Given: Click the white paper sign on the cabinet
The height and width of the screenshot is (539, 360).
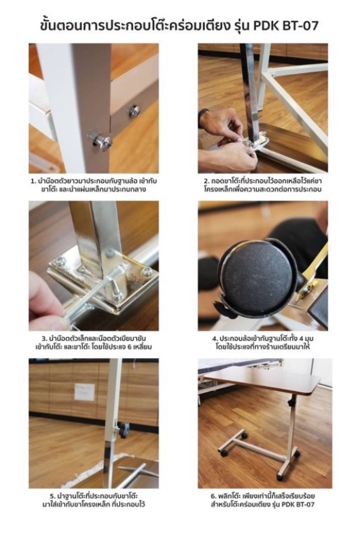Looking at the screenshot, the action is coord(85,392).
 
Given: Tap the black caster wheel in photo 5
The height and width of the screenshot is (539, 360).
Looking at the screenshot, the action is coord(124,430).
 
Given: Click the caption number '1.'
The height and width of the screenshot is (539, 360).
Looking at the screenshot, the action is coord(33,181).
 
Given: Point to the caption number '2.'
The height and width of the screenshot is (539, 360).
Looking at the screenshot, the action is coord(206,181).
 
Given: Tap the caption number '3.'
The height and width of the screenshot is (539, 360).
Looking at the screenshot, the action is coord(44,339).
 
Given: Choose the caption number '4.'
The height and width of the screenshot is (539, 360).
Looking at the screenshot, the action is coord(215,339).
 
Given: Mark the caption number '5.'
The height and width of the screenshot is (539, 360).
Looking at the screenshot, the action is coord(53,496).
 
